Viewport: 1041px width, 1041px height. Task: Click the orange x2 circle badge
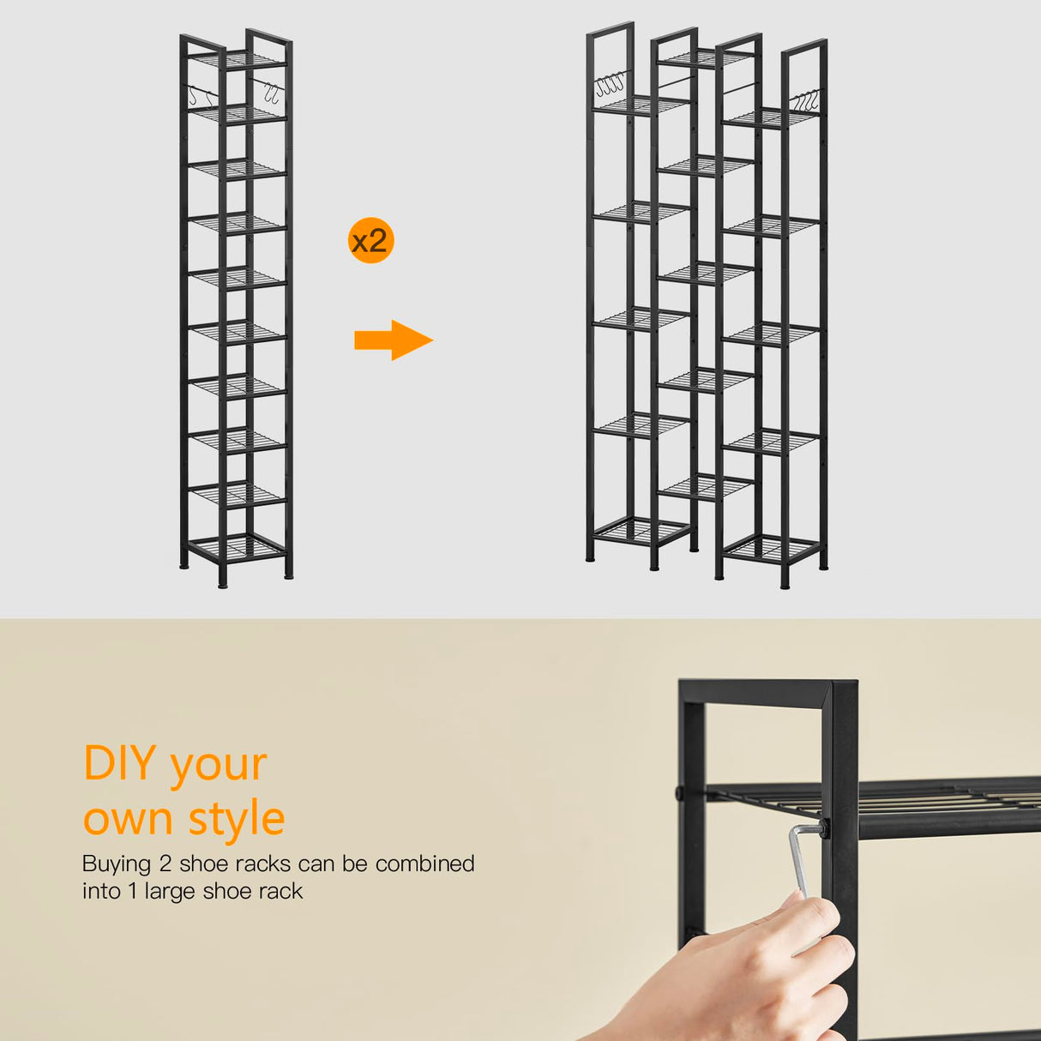tap(370, 240)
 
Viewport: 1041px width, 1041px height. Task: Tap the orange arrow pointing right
tap(393, 340)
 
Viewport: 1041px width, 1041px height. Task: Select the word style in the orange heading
tap(237, 819)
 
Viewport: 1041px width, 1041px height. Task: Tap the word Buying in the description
tap(117, 863)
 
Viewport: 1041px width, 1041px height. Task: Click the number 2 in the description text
tap(165, 863)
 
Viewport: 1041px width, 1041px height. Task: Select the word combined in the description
tap(424, 863)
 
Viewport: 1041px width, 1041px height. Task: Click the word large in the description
tap(171, 892)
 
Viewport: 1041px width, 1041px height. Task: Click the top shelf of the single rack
tap(237, 59)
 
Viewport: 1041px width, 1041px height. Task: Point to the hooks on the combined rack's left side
tap(610, 84)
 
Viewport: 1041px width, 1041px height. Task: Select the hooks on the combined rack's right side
tap(806, 100)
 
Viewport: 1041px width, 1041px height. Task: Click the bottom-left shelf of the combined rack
tap(641, 529)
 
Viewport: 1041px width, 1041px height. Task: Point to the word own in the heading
tap(127, 819)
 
